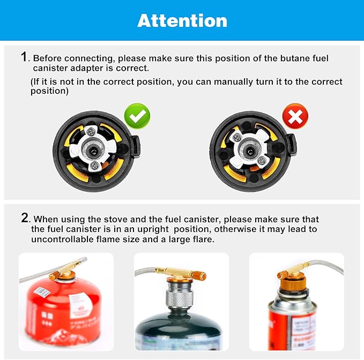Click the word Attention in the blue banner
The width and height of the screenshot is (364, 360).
[182, 20]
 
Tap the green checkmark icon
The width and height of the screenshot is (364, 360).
[137, 116]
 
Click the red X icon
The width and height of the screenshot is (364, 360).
[295, 116]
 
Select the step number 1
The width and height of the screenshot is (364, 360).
[24, 57]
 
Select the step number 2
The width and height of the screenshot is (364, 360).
[25, 218]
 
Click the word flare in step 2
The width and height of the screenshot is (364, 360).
[203, 239]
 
